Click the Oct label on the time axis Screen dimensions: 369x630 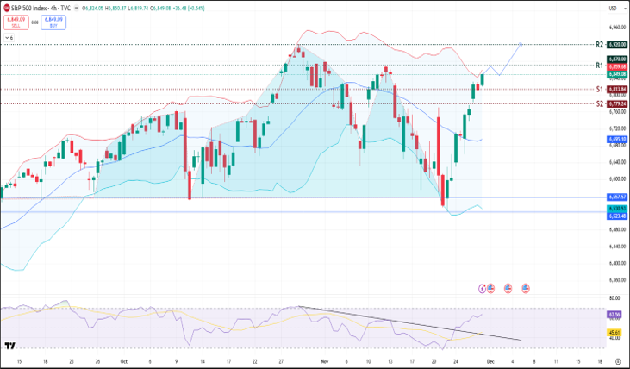[123, 361]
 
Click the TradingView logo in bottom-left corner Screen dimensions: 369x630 [9, 347]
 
